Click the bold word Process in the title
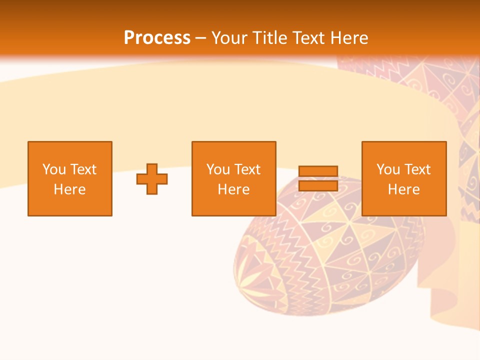[157, 38]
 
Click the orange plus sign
[152, 179]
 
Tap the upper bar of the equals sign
[318, 171]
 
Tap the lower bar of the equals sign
[318, 185]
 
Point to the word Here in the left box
[70, 189]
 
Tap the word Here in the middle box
[234, 189]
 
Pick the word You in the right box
[388, 169]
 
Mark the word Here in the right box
[404, 189]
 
